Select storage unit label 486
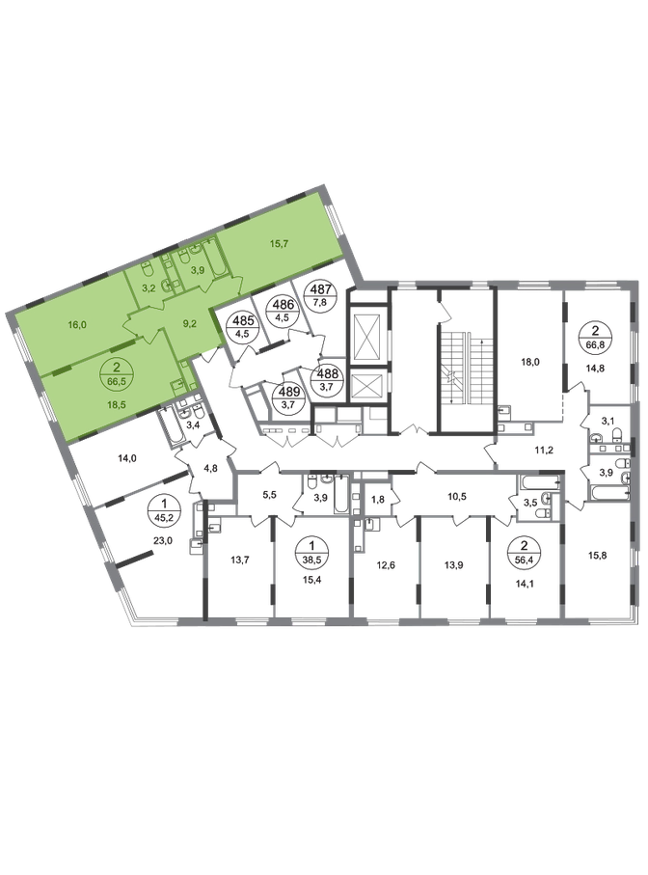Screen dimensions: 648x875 [x=283, y=309]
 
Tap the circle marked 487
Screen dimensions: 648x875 [x=324, y=293]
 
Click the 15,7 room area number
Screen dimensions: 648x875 [x=279, y=244]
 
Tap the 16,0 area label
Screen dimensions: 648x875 [x=76, y=323]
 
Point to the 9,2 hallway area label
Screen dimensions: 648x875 [x=190, y=321]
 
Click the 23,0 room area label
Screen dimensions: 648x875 [x=162, y=539]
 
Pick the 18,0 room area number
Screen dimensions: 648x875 [x=529, y=362]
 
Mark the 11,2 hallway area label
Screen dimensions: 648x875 [x=543, y=450]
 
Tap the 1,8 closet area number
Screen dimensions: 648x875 [x=378, y=500]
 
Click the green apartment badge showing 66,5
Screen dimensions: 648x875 [x=116, y=371]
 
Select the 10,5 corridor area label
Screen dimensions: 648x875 [x=457, y=496]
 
